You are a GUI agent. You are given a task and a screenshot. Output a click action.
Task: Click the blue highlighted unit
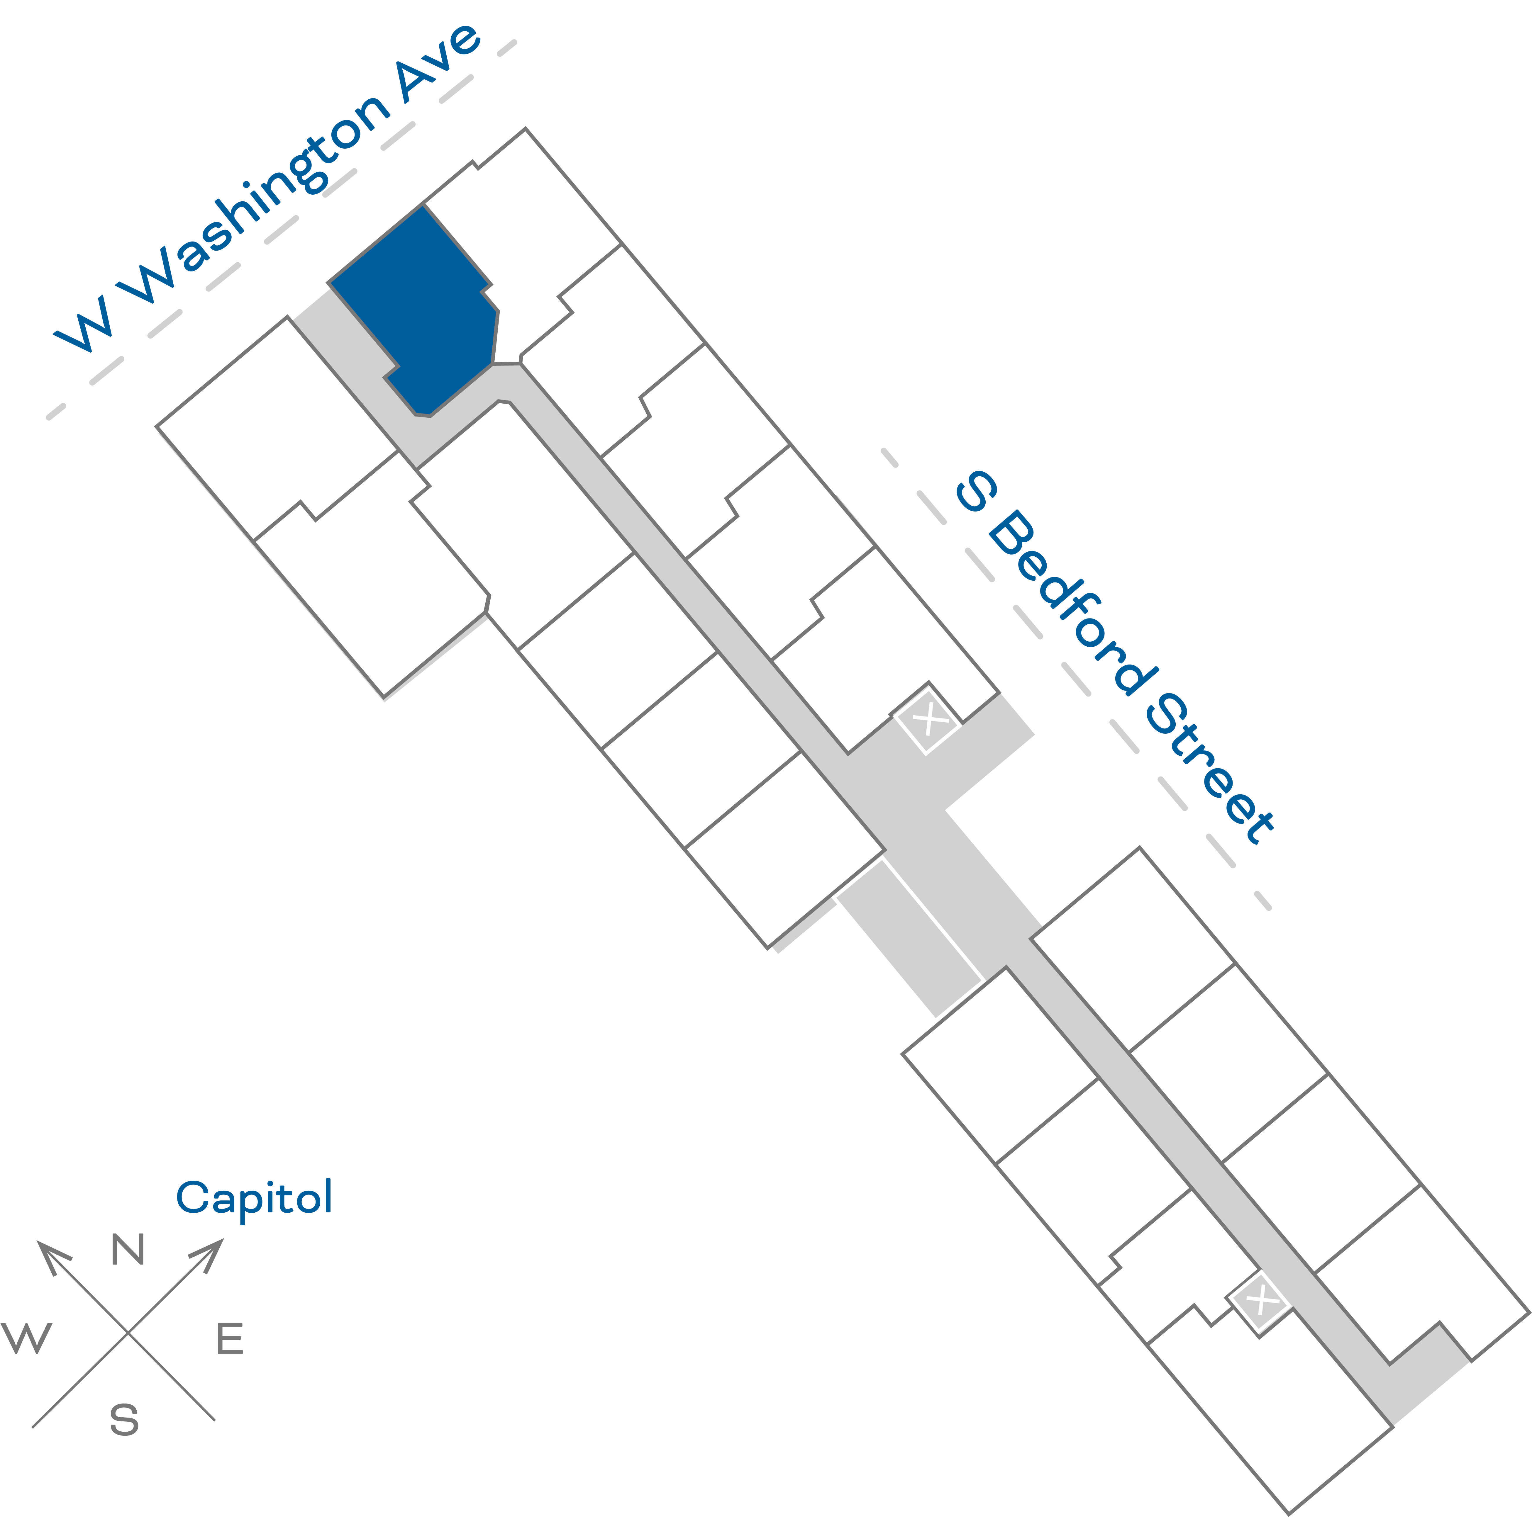tap(420, 309)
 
